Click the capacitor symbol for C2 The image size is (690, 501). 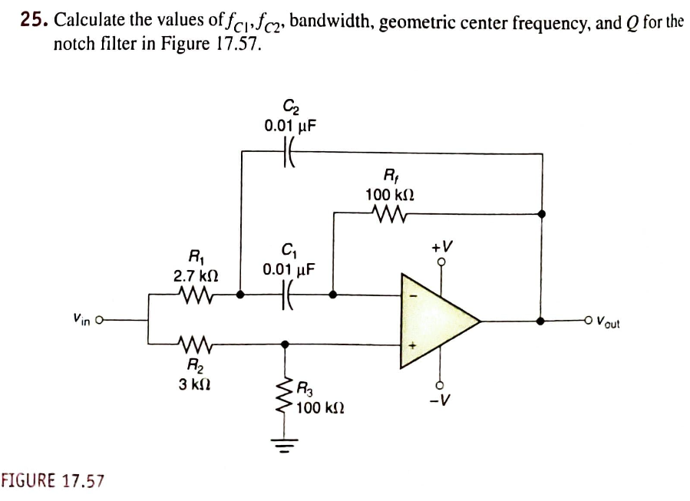(291, 153)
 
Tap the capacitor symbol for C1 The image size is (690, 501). (289, 294)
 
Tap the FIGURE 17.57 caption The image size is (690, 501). (52, 480)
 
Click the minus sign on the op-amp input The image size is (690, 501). (412, 296)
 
